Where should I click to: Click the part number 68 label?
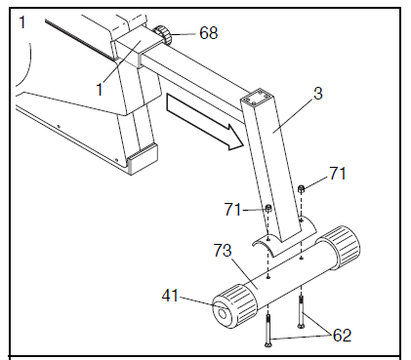click(208, 32)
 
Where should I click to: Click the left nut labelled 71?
click(267, 208)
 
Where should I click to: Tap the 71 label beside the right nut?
click(337, 174)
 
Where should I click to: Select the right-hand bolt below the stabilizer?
click(304, 311)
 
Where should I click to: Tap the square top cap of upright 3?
click(258, 99)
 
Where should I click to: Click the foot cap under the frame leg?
click(139, 153)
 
